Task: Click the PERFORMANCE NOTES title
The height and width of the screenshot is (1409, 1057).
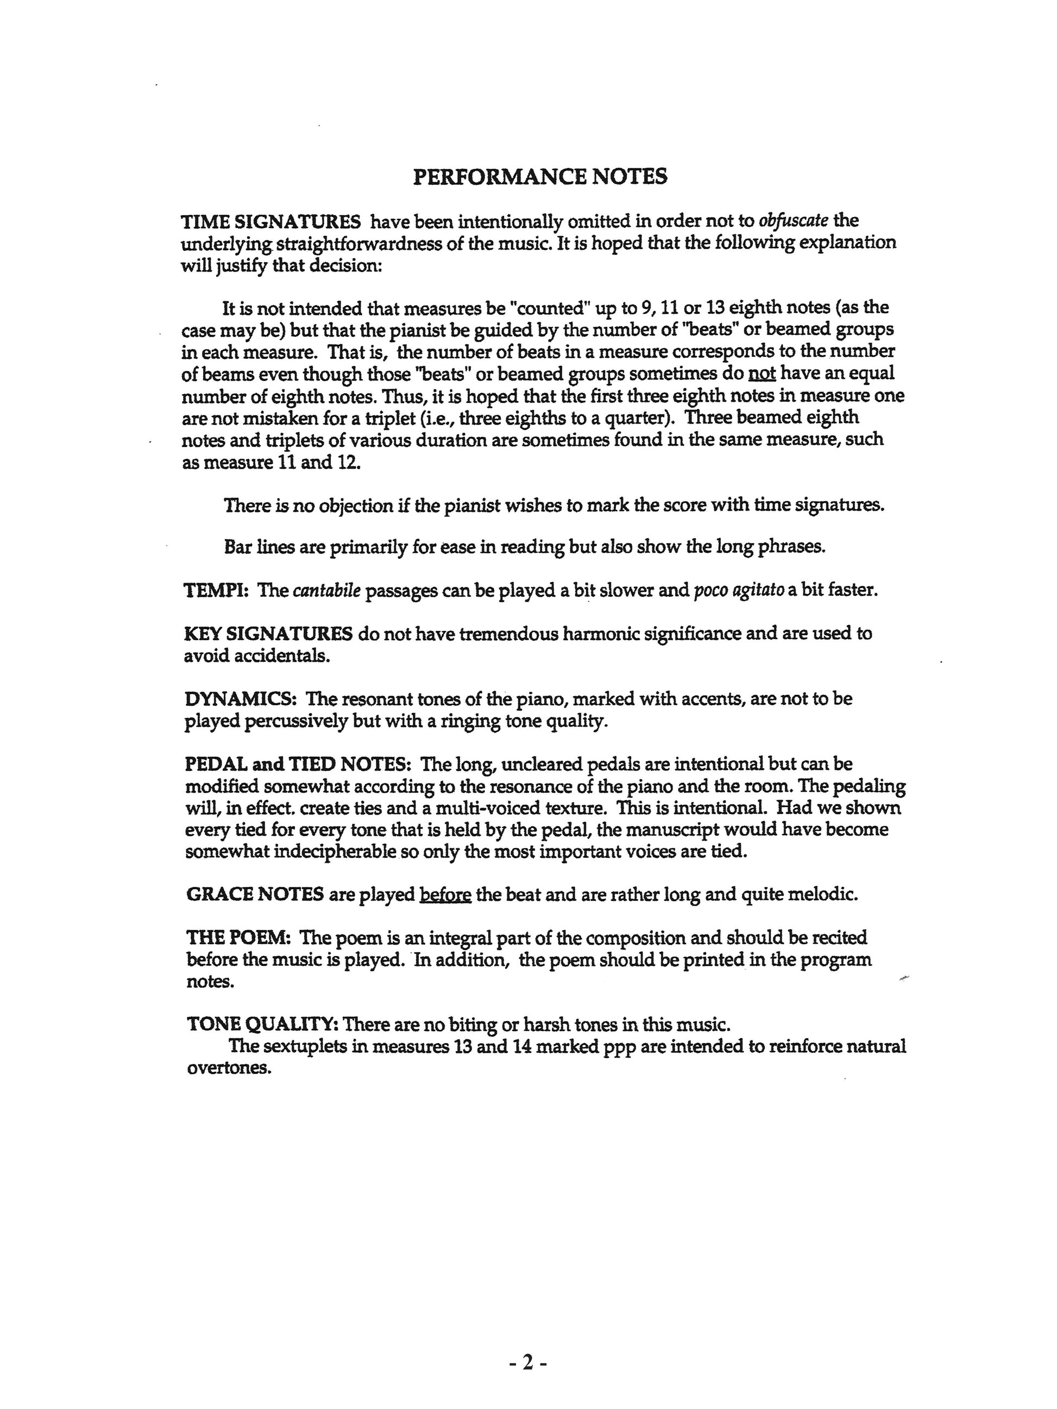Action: pos(540,176)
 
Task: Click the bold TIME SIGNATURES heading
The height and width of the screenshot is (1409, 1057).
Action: pos(271,222)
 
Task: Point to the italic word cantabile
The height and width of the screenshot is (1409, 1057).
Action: pos(326,591)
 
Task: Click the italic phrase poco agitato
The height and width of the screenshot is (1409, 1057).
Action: pos(739,591)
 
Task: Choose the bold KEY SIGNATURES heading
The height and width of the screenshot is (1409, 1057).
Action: pos(268,634)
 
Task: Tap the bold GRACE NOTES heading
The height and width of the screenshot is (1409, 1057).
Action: pos(255,894)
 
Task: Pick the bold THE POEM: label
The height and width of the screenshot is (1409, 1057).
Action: pos(239,938)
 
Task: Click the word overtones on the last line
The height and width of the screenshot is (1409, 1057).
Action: pos(229,1068)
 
